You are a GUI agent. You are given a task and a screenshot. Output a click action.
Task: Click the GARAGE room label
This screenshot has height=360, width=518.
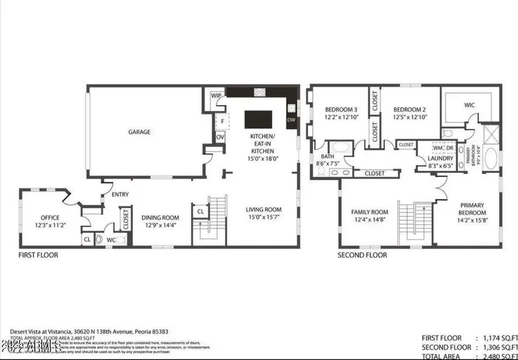click(x=139, y=132)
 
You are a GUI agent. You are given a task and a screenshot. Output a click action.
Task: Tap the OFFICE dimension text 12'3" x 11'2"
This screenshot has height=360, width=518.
click(x=50, y=225)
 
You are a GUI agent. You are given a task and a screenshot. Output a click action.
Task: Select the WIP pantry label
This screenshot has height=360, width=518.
click(x=216, y=96)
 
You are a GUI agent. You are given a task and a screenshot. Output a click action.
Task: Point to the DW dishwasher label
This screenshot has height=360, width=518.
click(x=291, y=120)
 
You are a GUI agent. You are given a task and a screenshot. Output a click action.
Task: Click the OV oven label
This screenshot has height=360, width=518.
click(x=220, y=137)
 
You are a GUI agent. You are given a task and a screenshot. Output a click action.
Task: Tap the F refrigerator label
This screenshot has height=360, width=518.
click(x=220, y=121)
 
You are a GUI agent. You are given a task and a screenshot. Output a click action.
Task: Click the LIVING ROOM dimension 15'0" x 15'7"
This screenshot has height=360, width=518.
click(x=264, y=217)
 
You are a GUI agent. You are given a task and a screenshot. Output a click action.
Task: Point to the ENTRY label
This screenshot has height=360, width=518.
click(x=120, y=194)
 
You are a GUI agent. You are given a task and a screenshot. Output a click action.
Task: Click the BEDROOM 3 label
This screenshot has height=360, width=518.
click(x=341, y=110)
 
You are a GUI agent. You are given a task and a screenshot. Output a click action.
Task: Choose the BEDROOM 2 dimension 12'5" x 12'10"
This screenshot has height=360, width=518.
click(x=409, y=117)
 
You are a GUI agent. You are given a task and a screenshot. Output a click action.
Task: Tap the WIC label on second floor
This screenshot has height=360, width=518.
click(x=470, y=105)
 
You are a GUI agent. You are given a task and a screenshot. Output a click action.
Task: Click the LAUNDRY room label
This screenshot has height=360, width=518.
click(x=440, y=158)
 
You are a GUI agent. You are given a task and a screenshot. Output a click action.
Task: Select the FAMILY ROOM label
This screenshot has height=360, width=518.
click(x=370, y=212)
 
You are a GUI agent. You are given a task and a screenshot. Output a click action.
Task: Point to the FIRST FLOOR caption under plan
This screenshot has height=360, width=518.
click(x=39, y=255)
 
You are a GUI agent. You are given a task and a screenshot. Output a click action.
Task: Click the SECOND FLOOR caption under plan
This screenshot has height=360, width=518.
click(x=363, y=255)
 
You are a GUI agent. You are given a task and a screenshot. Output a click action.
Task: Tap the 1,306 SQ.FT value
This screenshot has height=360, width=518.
click(x=494, y=347)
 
